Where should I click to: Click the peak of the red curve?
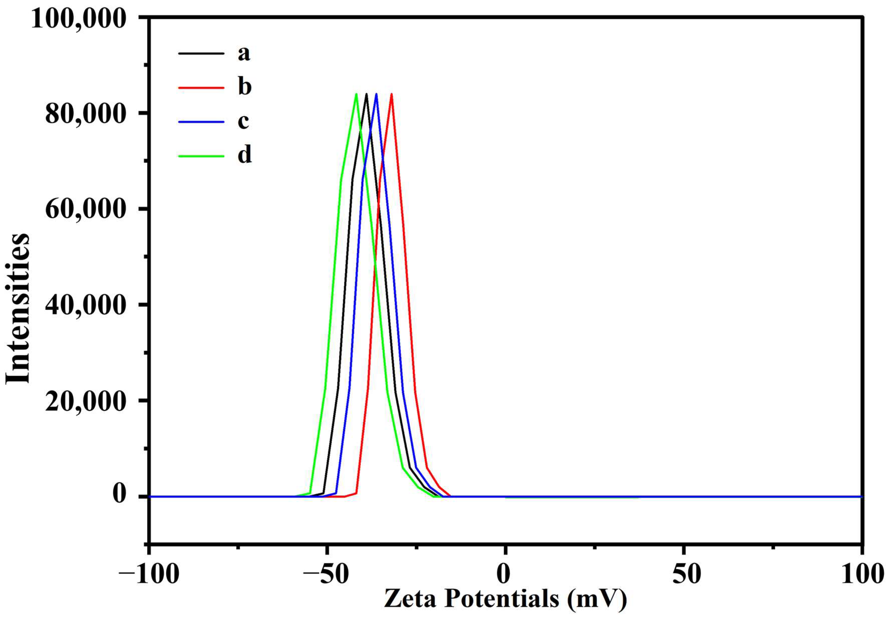click(x=392, y=94)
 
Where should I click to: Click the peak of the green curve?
click(x=356, y=94)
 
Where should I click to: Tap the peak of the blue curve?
click(x=376, y=94)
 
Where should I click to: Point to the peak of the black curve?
click(x=366, y=94)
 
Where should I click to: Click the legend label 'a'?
click(x=244, y=53)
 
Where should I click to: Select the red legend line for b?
click(x=201, y=88)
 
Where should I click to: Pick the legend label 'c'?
click(x=243, y=121)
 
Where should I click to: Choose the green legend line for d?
click(x=201, y=156)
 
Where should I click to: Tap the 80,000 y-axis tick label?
click(x=86, y=114)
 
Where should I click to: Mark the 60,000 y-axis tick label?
click(x=86, y=209)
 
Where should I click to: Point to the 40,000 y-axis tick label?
click(x=86, y=305)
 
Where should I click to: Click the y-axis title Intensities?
click(x=18, y=308)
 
